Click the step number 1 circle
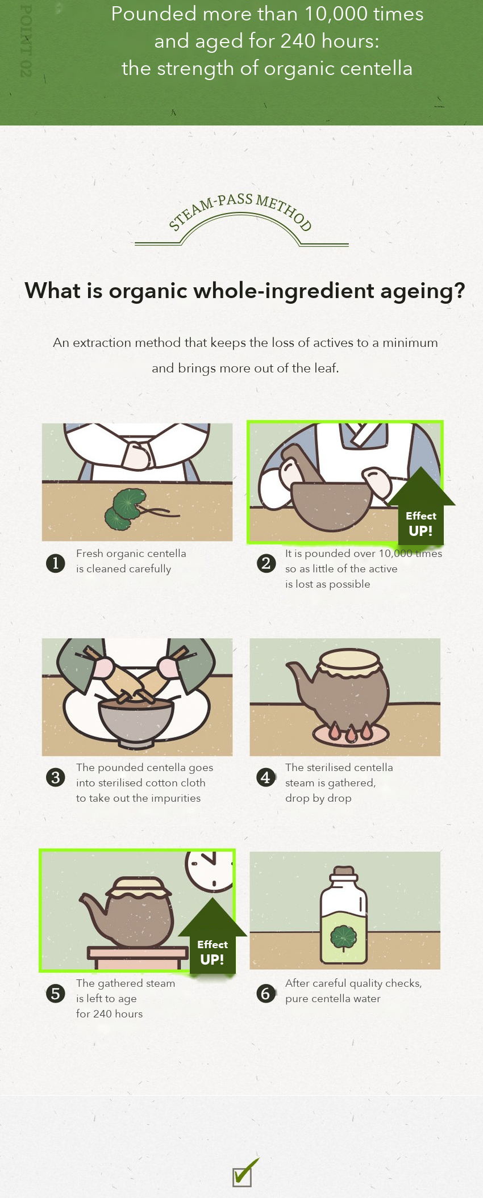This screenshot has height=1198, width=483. (x=56, y=563)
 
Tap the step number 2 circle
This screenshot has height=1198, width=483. (x=266, y=563)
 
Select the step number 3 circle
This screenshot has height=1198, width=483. (x=56, y=777)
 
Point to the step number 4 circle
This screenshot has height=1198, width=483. (x=266, y=777)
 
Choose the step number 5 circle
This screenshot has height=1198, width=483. (x=56, y=994)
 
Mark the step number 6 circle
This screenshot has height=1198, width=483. (x=266, y=994)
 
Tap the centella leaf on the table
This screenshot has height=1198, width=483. (x=125, y=509)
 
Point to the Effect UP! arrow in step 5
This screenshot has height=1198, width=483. (x=213, y=937)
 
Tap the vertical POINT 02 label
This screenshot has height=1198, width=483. (x=26, y=40)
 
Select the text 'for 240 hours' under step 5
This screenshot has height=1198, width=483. (x=110, y=1013)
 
